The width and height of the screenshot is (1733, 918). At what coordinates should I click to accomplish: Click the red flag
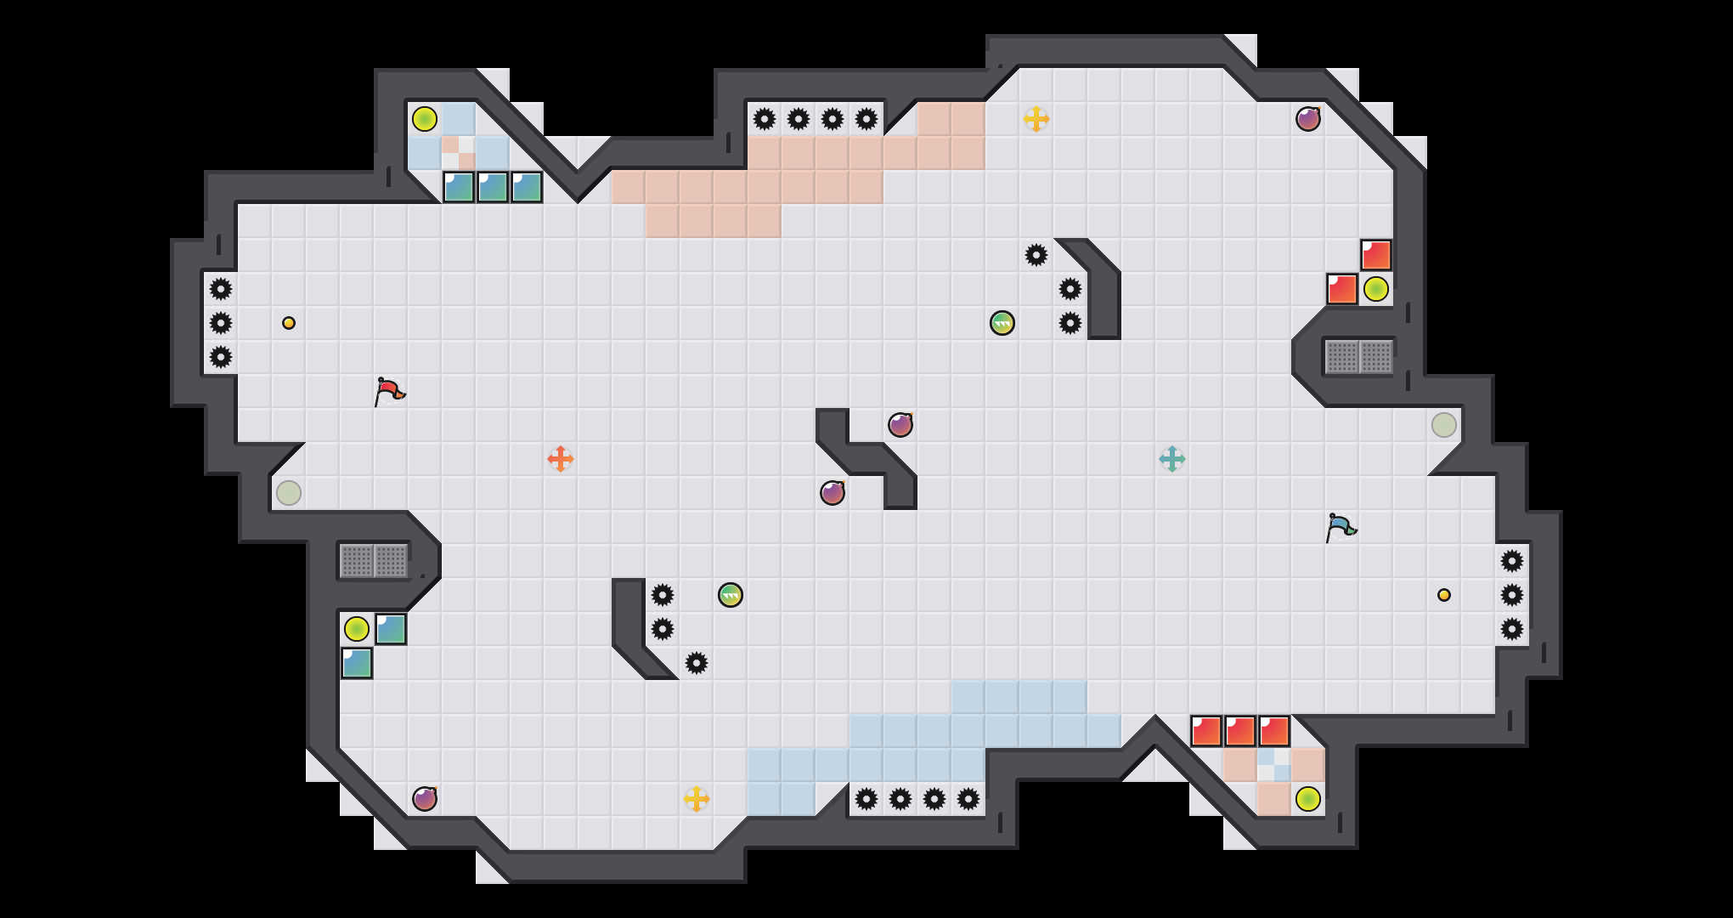(389, 391)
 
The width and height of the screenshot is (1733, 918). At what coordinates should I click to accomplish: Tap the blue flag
(1341, 527)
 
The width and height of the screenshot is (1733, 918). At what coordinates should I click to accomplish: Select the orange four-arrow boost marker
(561, 459)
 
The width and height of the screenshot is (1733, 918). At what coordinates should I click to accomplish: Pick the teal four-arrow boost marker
(1172, 459)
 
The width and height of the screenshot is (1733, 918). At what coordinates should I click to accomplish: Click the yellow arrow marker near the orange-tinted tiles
(1036, 119)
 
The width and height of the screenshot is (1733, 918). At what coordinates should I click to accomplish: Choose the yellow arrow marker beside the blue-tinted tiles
(697, 799)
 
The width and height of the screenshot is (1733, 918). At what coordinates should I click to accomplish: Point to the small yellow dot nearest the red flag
(289, 323)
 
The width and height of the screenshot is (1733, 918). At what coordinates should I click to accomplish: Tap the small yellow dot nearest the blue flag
(1444, 595)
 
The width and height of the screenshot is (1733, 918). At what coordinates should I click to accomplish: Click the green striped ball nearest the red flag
(731, 595)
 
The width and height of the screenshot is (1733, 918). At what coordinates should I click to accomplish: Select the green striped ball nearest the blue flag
(1002, 323)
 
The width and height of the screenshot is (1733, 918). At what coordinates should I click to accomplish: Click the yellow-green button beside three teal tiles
(425, 119)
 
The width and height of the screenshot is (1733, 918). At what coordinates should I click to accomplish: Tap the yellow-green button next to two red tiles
(1376, 289)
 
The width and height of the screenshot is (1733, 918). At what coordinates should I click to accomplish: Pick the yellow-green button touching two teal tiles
(357, 629)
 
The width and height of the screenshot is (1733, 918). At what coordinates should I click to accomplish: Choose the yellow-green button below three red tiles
(1308, 799)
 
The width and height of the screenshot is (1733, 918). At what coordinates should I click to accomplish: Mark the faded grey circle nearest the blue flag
(1444, 425)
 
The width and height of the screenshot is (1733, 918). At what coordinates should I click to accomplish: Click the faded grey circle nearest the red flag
(289, 493)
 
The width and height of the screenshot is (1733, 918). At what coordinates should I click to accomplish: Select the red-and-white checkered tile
(459, 153)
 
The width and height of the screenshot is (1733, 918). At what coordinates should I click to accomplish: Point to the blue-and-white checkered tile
(1274, 765)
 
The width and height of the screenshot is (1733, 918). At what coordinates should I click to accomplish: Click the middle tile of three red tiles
(1240, 731)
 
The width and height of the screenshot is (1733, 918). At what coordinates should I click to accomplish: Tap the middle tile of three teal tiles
(493, 187)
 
